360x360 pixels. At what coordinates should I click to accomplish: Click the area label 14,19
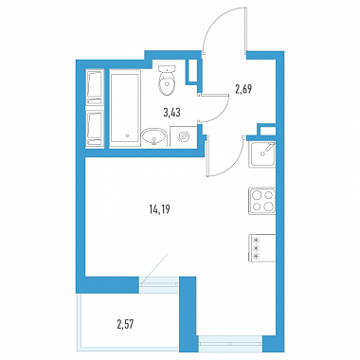point(159,209)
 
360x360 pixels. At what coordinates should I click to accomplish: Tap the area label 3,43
point(171,113)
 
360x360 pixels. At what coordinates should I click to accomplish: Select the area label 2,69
point(243,90)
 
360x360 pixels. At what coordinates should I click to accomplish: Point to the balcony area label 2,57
point(126,324)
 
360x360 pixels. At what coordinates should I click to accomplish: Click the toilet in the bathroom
point(167,80)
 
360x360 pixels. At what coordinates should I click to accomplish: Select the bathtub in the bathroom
point(124,108)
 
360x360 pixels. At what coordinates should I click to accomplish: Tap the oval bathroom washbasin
point(153,137)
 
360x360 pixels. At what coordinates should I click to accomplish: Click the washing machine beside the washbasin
point(184,136)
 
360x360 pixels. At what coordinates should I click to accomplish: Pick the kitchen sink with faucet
point(262,154)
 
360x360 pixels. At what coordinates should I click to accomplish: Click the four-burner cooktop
point(262,201)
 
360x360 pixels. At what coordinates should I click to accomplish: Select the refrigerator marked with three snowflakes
point(262,248)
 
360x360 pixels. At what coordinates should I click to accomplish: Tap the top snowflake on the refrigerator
point(257,240)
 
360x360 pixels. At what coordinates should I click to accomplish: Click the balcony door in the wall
point(159,281)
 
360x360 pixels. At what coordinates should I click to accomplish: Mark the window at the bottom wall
point(231,344)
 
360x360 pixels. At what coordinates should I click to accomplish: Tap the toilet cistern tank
point(167,68)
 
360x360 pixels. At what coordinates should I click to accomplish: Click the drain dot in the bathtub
point(127,136)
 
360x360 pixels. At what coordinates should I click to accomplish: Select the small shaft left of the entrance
point(192,71)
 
